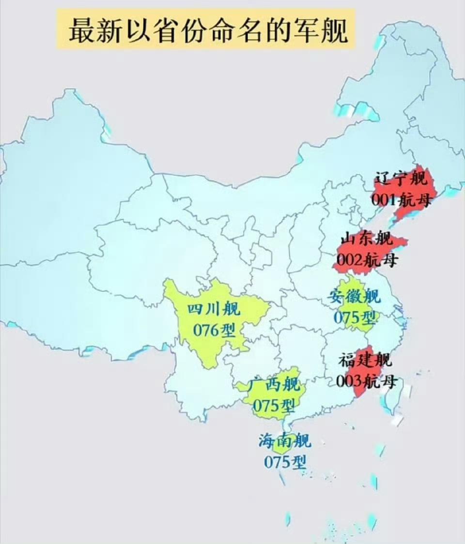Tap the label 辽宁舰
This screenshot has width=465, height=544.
[401, 180]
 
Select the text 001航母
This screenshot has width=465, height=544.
[401, 199]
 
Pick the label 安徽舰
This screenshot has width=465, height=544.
[355, 296]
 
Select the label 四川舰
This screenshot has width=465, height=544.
[214, 309]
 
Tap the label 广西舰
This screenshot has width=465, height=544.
[274, 385]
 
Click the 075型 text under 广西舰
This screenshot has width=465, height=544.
[274, 405]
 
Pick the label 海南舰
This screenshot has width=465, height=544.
[285, 441]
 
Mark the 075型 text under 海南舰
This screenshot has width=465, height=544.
[285, 462]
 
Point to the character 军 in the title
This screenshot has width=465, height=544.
[305, 30]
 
